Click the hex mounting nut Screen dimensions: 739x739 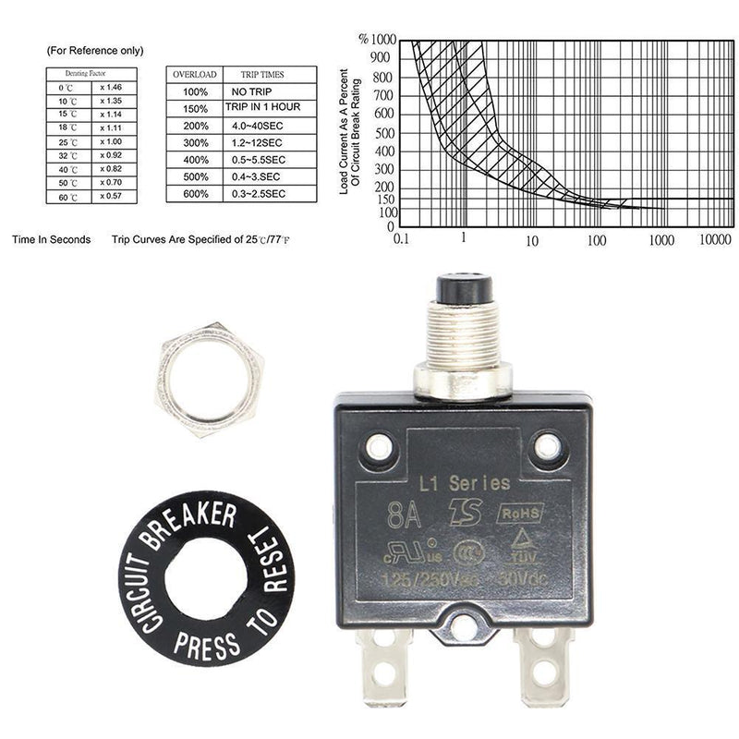click(211, 380)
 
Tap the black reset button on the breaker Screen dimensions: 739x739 click(464, 287)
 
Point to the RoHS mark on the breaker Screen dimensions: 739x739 click(520, 513)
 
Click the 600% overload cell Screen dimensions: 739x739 click(195, 193)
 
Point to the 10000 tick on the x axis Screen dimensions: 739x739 click(715, 239)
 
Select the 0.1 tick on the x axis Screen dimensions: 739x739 click(401, 239)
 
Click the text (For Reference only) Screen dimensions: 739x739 click(94, 51)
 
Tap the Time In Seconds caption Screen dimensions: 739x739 click(51, 239)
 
